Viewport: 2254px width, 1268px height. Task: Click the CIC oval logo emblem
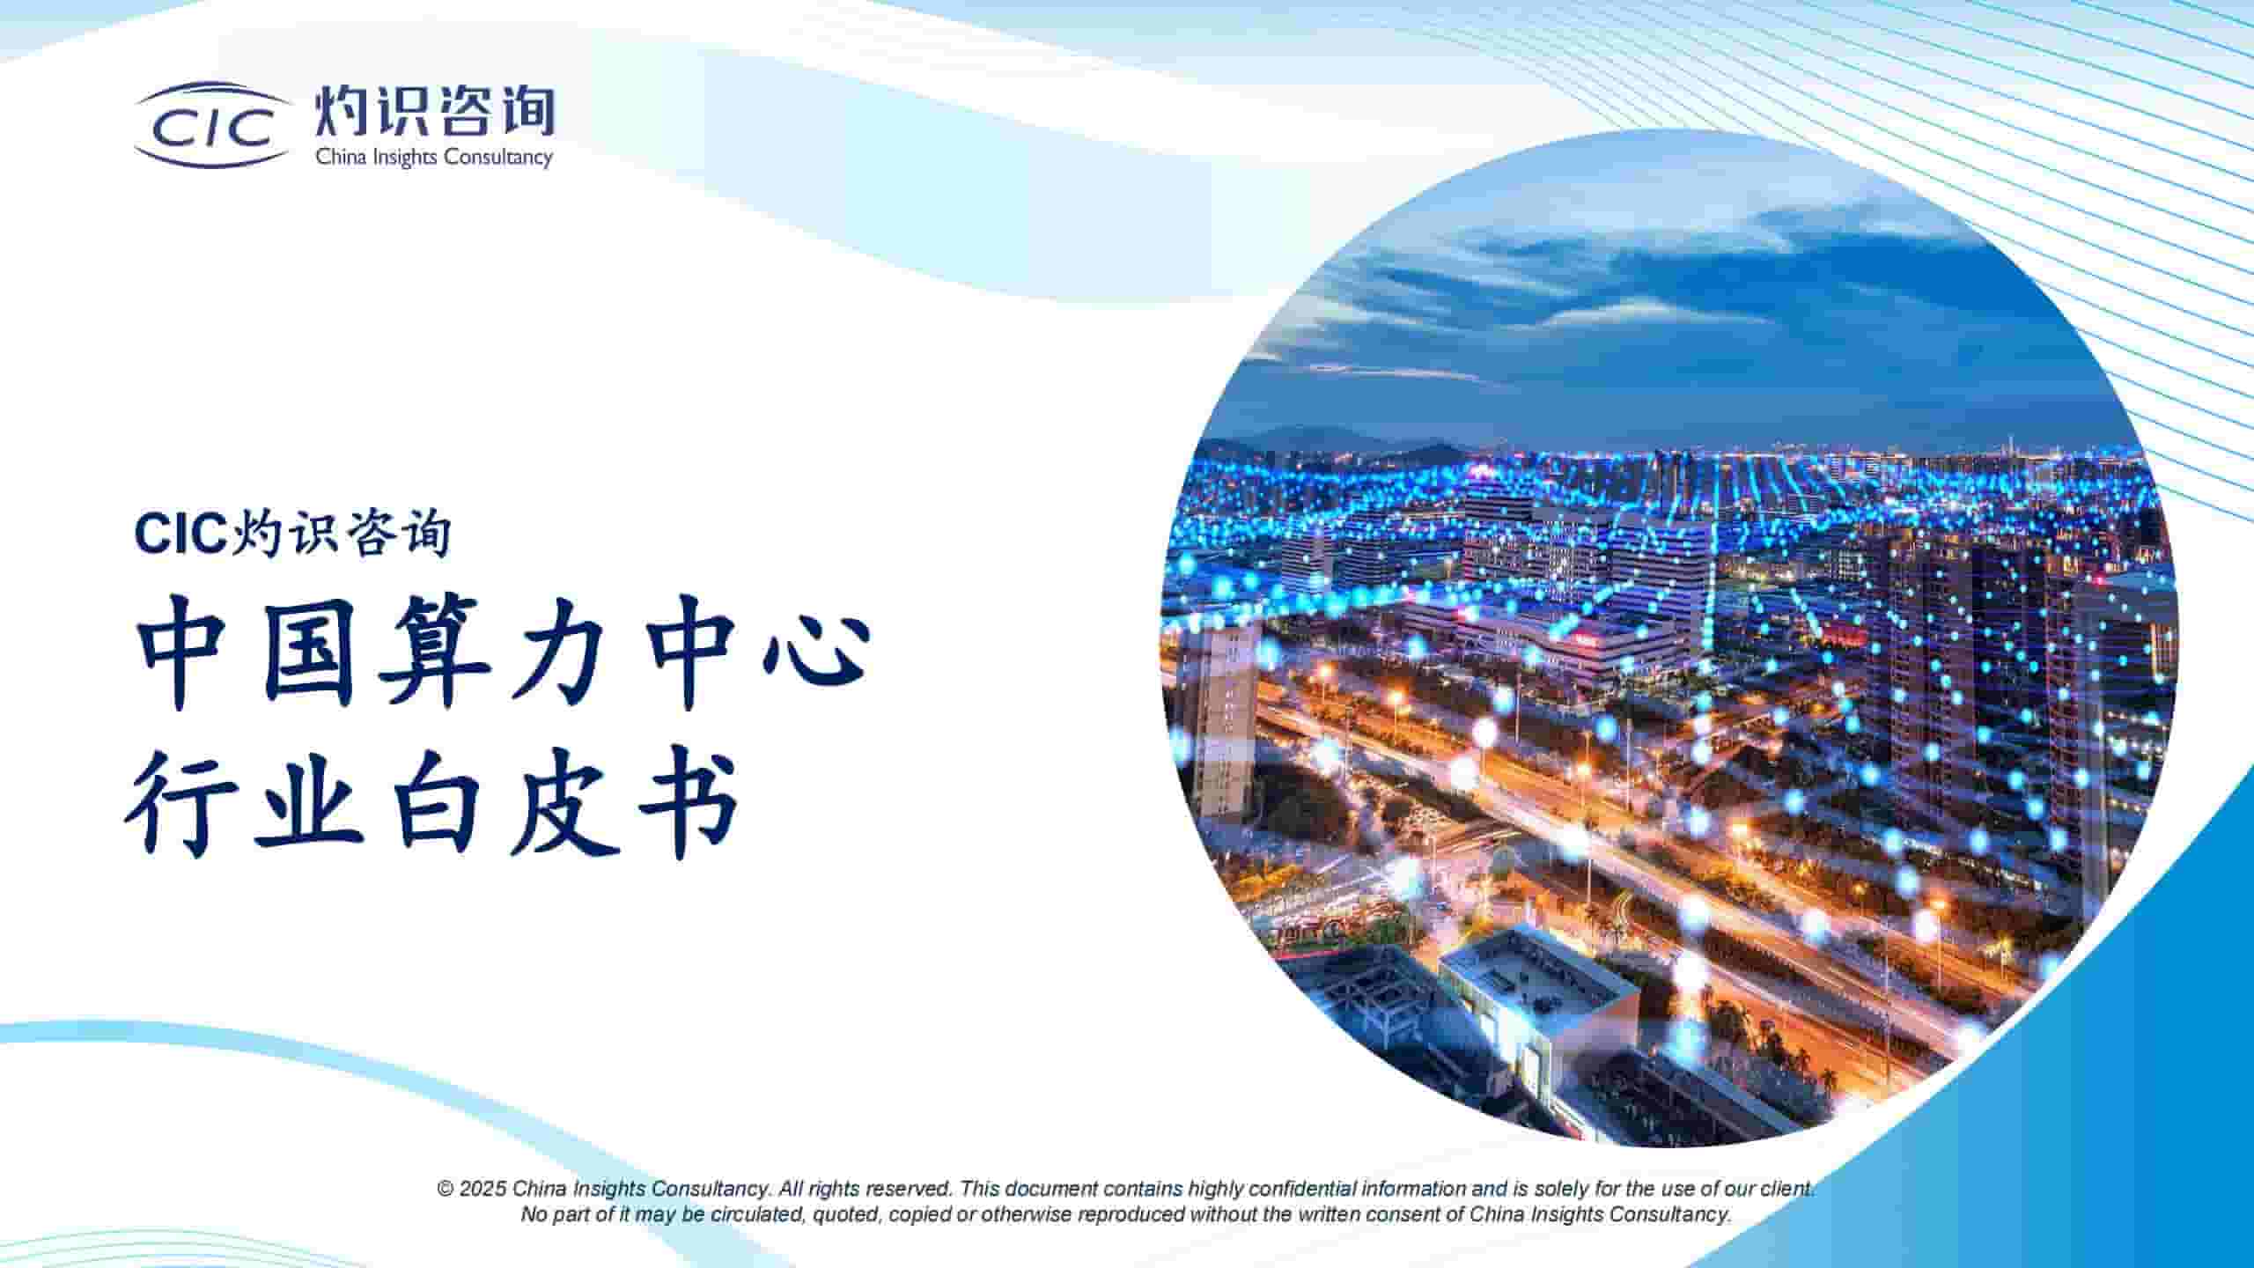[212, 126]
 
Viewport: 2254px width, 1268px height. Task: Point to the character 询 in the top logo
[525, 111]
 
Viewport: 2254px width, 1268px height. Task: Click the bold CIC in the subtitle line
[180, 534]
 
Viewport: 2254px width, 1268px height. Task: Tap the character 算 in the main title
[432, 651]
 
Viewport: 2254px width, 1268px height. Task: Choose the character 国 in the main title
[311, 651]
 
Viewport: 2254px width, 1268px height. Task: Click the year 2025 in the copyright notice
[482, 1189]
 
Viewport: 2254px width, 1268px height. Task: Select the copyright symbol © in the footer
[446, 1189]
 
